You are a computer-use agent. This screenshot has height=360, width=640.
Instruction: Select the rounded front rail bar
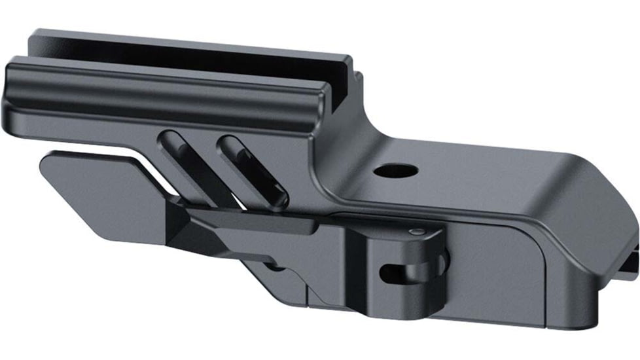(x=164, y=88)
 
